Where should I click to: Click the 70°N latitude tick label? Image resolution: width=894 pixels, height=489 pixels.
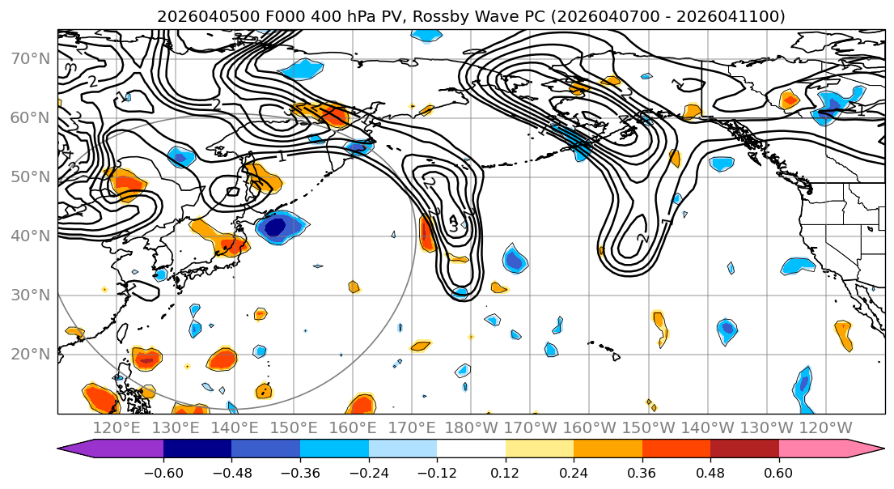pos(28,58)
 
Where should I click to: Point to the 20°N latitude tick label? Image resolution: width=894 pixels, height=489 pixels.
pos(28,354)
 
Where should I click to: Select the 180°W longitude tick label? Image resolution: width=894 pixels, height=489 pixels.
pos(471,427)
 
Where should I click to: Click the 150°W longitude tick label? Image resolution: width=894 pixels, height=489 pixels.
pos(648,427)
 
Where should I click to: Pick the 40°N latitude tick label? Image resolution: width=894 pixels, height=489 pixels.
pos(28,236)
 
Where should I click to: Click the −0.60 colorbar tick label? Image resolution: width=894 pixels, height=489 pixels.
pos(163,471)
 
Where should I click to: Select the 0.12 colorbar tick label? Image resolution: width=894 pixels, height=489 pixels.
pos(505,471)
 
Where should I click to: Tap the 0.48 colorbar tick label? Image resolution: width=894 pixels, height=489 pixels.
pos(710,471)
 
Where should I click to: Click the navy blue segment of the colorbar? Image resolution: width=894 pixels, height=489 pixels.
pos(197,449)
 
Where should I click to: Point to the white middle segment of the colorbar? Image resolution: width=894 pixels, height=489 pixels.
pos(471,449)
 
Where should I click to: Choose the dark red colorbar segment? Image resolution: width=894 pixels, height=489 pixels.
pos(744,449)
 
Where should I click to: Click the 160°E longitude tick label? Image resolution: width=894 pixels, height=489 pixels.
pos(353,427)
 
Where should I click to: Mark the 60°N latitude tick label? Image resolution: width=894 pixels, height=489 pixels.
pos(28,117)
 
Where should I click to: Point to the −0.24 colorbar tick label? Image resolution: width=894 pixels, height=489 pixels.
pos(368,471)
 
